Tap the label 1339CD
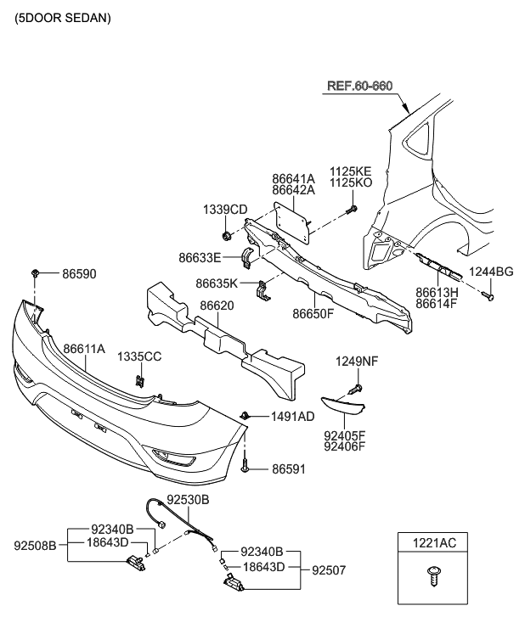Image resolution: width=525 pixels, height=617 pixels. (225, 210)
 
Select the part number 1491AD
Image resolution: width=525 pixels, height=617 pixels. (292, 417)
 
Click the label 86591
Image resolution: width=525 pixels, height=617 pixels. (290, 468)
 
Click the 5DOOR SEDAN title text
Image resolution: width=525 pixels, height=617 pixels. (63, 17)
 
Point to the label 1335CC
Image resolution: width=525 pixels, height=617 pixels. (138, 356)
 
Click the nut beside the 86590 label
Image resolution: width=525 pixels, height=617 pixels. (35, 272)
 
